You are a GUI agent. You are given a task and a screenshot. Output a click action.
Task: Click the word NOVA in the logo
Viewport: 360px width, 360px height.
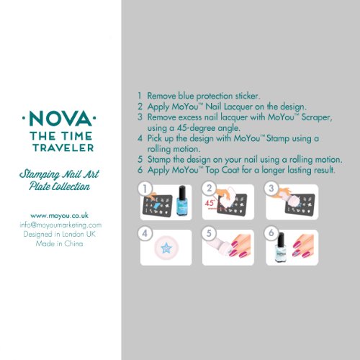[60, 119]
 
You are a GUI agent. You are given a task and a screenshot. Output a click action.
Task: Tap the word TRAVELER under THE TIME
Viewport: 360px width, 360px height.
[63, 148]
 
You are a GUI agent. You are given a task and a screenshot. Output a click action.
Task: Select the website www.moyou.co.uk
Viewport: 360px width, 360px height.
[60, 215]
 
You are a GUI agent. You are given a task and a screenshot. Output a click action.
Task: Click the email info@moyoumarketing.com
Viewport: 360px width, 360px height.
[60, 225]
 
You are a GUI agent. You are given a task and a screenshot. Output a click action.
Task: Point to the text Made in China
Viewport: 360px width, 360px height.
[60, 243]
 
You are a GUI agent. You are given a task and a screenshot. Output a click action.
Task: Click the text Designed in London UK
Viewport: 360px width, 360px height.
[60, 234]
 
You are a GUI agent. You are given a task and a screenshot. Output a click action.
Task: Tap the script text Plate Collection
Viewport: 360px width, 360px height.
[60, 186]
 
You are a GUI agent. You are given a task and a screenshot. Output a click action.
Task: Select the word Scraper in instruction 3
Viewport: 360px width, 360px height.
[317, 117]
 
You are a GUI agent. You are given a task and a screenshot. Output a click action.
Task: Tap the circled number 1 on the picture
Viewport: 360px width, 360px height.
[145, 189]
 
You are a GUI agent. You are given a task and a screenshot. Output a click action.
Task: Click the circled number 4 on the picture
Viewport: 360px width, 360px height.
[145, 233]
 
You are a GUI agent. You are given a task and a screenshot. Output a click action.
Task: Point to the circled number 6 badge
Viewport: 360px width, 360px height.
[271, 233]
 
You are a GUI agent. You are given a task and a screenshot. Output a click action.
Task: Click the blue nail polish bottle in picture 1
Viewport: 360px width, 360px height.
[182, 201]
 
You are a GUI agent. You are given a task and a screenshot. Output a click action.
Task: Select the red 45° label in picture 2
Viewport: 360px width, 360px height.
[210, 203]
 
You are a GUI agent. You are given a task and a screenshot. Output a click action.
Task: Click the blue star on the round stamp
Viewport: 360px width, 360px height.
[166, 248]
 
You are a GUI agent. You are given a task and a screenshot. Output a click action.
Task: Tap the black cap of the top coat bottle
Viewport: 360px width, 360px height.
[282, 239]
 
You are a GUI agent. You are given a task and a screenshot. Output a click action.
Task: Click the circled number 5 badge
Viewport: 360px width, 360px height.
[209, 233]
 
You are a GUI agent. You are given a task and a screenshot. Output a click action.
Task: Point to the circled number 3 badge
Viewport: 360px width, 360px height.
[271, 189]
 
